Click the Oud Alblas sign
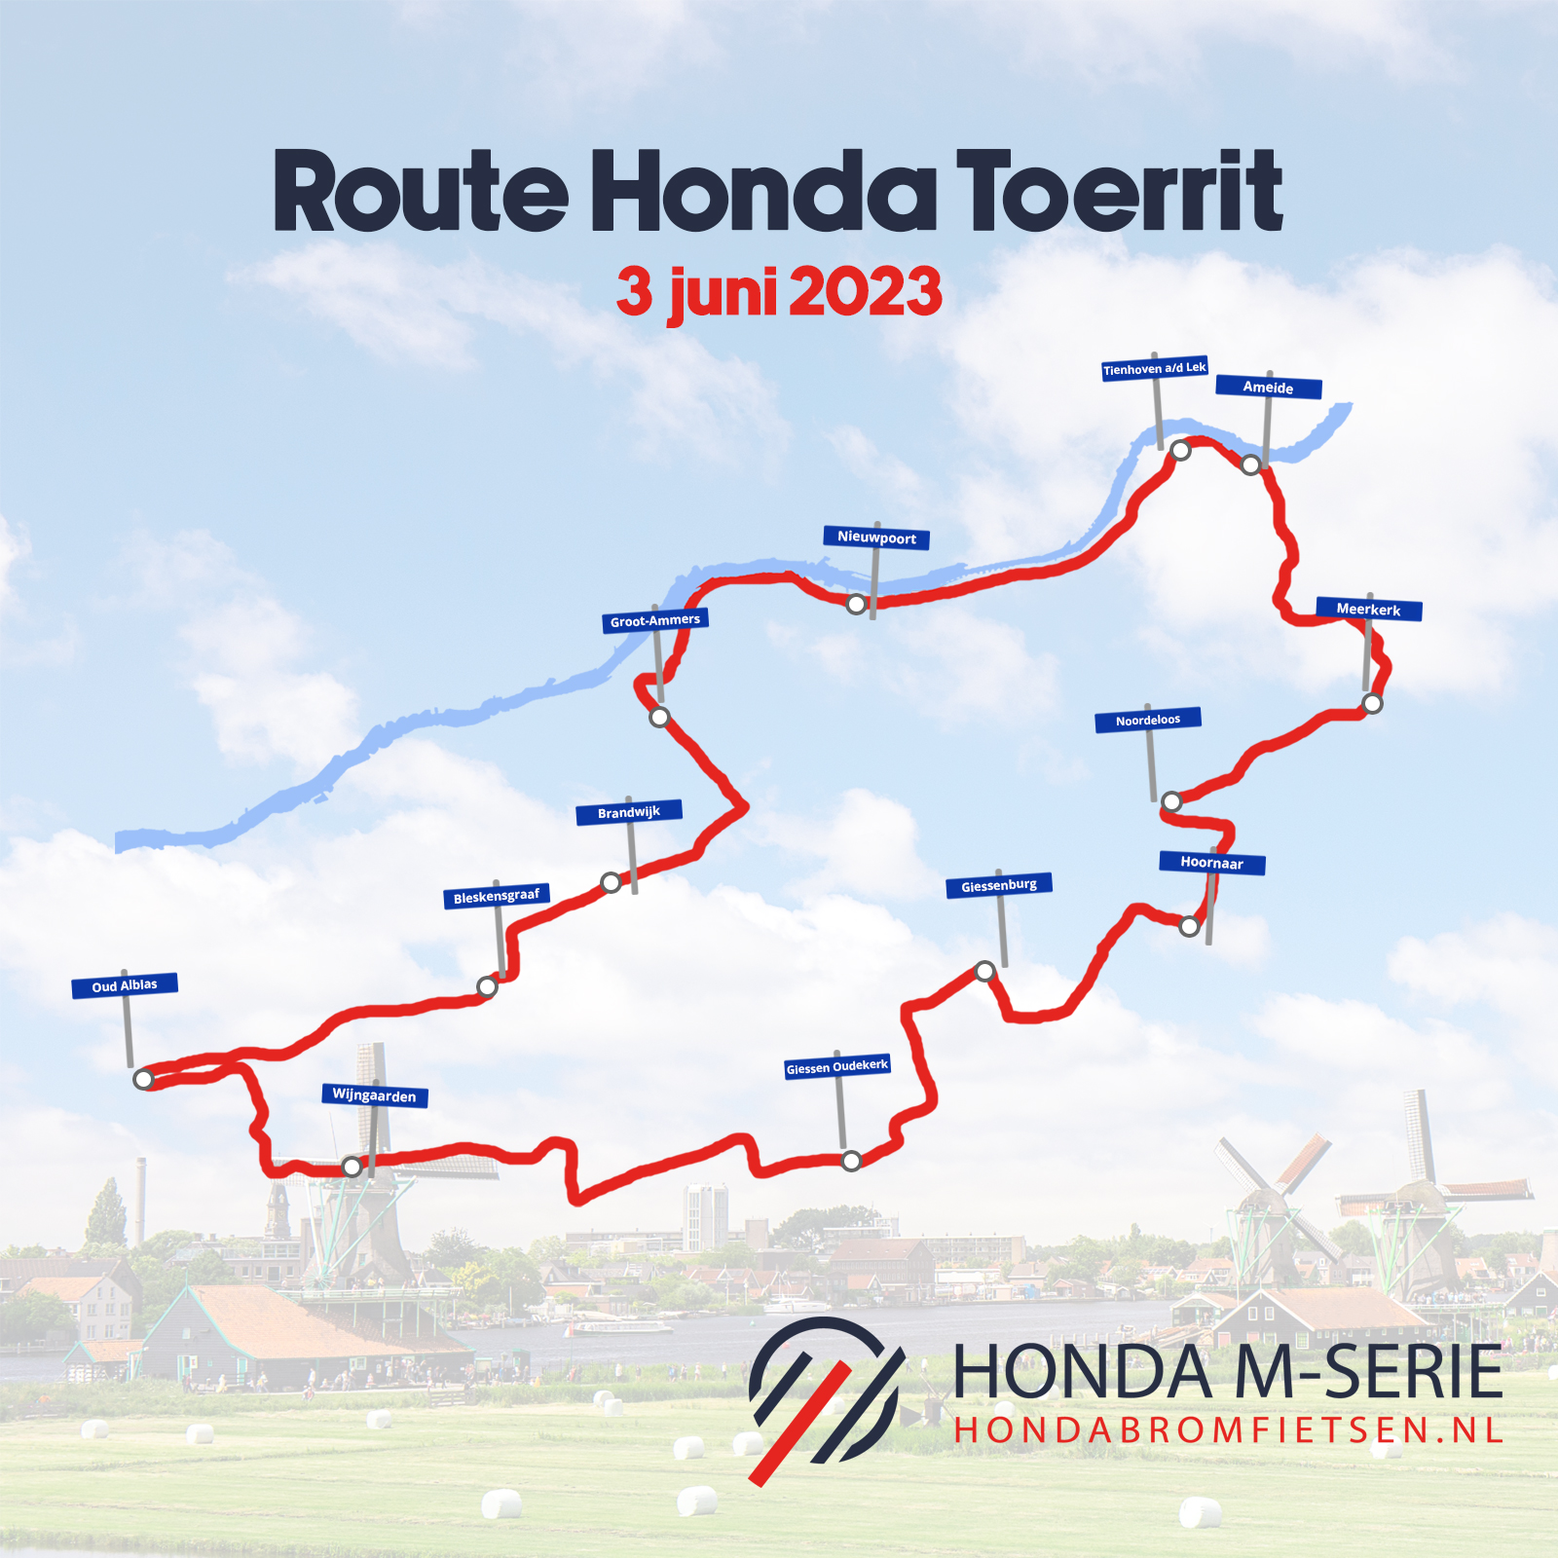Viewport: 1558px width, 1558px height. (x=125, y=985)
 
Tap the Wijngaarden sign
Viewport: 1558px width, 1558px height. (x=375, y=1095)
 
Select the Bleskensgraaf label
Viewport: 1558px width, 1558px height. (x=497, y=896)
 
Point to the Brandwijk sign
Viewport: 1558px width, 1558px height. (x=629, y=812)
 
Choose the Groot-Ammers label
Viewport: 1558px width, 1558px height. (x=654, y=620)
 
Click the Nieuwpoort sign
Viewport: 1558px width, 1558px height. (x=876, y=538)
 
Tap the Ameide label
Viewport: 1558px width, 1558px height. (x=1269, y=388)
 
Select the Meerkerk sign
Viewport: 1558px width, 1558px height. (x=1369, y=610)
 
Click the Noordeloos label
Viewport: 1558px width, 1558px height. (x=1148, y=721)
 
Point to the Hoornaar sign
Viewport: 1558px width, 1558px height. (x=1212, y=863)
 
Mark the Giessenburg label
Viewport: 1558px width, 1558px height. (x=999, y=886)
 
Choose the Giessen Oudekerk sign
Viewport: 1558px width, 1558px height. (x=837, y=1067)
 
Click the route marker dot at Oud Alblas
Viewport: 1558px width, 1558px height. (x=143, y=1079)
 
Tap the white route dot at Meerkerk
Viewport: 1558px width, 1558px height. (x=1372, y=703)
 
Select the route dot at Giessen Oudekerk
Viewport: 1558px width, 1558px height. (x=851, y=1161)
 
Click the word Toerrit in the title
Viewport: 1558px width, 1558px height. (x=1119, y=191)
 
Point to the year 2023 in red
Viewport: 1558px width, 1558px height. (x=865, y=292)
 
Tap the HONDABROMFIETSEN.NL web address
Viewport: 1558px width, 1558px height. (x=1229, y=1430)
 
